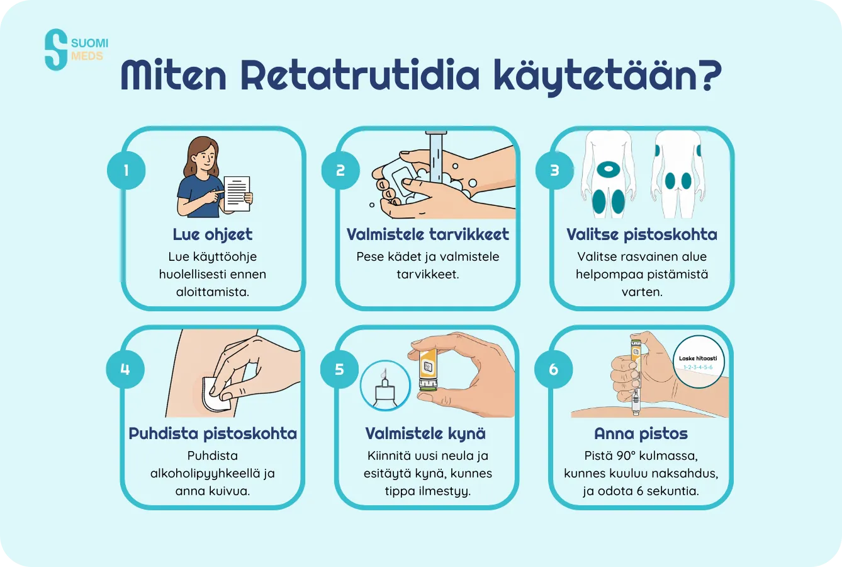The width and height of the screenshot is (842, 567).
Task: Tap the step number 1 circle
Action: click(126, 170)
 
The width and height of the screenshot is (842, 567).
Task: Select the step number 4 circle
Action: click(125, 369)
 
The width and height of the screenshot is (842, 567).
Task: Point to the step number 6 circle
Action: click(553, 369)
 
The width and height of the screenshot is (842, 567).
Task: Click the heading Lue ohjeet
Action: click(213, 234)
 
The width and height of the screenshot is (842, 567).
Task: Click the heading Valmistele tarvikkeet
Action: click(427, 234)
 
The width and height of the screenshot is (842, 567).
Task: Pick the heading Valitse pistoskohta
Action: click(641, 234)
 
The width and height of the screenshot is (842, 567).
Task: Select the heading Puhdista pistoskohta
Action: click(213, 433)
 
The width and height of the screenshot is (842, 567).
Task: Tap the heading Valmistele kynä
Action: click(426, 433)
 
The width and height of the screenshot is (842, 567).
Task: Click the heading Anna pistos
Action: click(641, 433)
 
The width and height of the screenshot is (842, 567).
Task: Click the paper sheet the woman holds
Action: click(237, 193)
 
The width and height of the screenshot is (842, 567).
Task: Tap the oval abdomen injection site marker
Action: click(609, 169)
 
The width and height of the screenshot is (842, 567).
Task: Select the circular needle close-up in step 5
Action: click(385, 386)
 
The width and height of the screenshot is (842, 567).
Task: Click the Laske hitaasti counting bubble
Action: click(699, 362)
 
